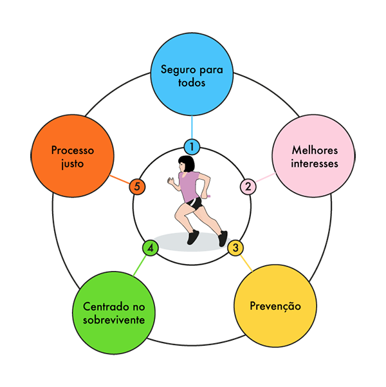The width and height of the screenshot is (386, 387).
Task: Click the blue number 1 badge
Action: coord(191,147)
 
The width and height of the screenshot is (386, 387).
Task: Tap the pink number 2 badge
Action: coord(248,187)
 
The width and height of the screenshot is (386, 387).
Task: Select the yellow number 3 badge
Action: coord(236,247)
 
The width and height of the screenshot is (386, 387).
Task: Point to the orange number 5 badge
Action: coord(136,187)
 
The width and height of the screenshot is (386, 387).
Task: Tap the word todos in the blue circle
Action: coord(192,83)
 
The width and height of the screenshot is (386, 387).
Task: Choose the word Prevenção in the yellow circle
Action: coord(275,305)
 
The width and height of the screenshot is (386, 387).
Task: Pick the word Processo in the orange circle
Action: coord(73,150)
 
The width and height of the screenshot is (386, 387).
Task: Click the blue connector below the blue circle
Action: coord(192,126)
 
